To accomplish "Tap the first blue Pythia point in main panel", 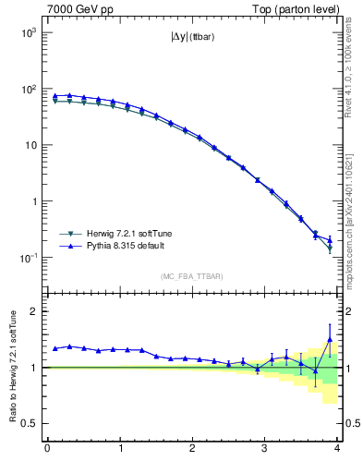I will coord(54,96).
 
